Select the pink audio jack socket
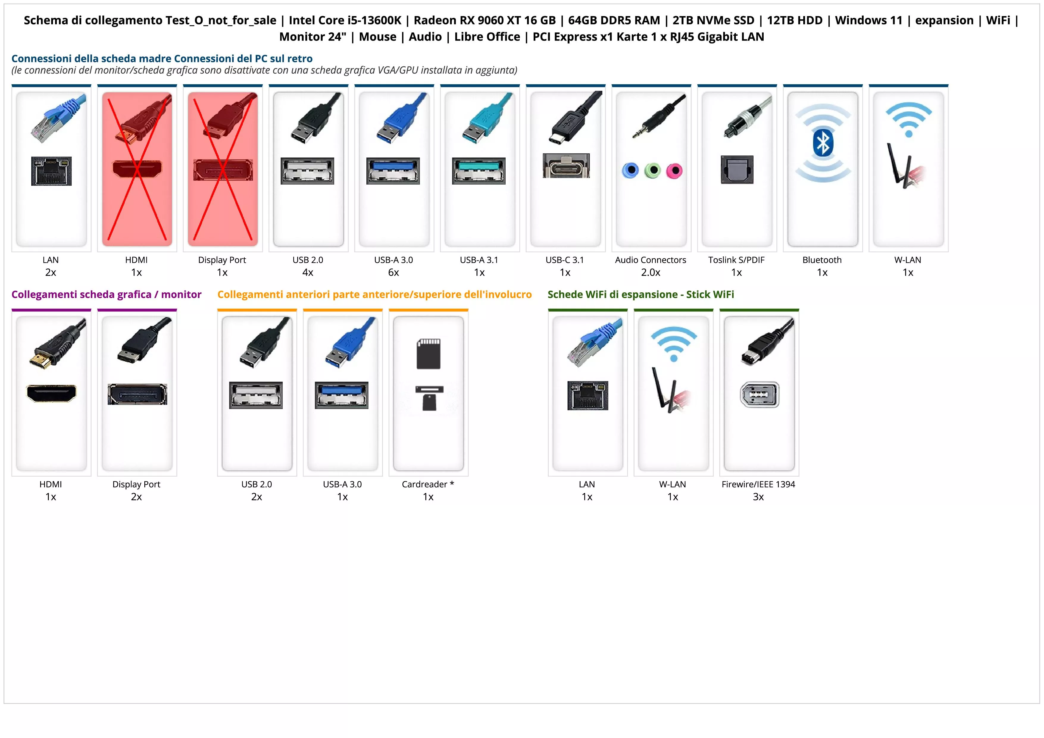(674, 171)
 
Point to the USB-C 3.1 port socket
(566, 166)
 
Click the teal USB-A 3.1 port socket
(479, 171)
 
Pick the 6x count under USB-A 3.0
(393, 272)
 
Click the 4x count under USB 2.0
(308, 272)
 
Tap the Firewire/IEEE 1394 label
(758, 484)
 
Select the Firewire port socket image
(759, 395)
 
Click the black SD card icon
(428, 353)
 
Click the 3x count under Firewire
(758, 497)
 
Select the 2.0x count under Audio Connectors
(650, 272)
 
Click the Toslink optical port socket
(737, 170)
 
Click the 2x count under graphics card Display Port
(136, 497)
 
